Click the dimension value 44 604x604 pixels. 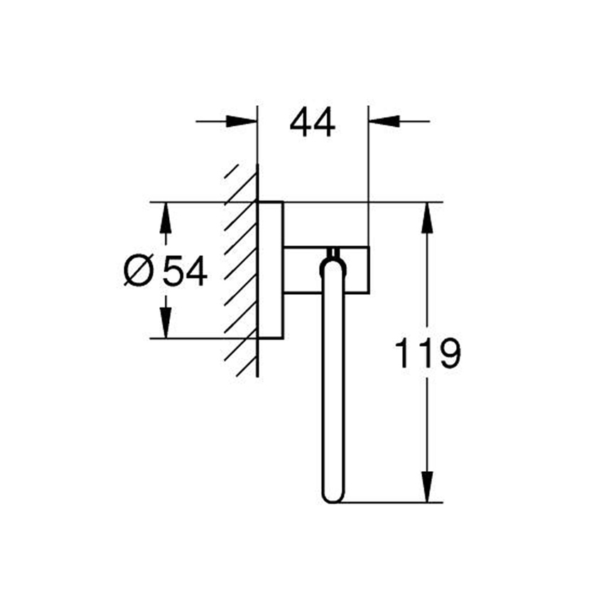pos(313,124)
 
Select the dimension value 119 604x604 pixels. pos(427,353)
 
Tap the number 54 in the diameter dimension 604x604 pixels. pos(185,271)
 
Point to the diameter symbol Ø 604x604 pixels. pos(139,271)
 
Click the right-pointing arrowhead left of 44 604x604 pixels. pos(244,122)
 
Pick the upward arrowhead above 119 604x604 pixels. pos(426,217)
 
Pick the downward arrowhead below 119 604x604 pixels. pos(426,489)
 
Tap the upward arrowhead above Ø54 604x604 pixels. pos(165,217)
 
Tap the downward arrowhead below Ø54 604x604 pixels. pos(165,324)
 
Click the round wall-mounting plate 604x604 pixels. pos(271,270)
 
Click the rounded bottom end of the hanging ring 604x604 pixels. pos(333,495)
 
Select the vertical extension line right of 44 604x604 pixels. pos(368,178)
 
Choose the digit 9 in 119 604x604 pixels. pos(449,354)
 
